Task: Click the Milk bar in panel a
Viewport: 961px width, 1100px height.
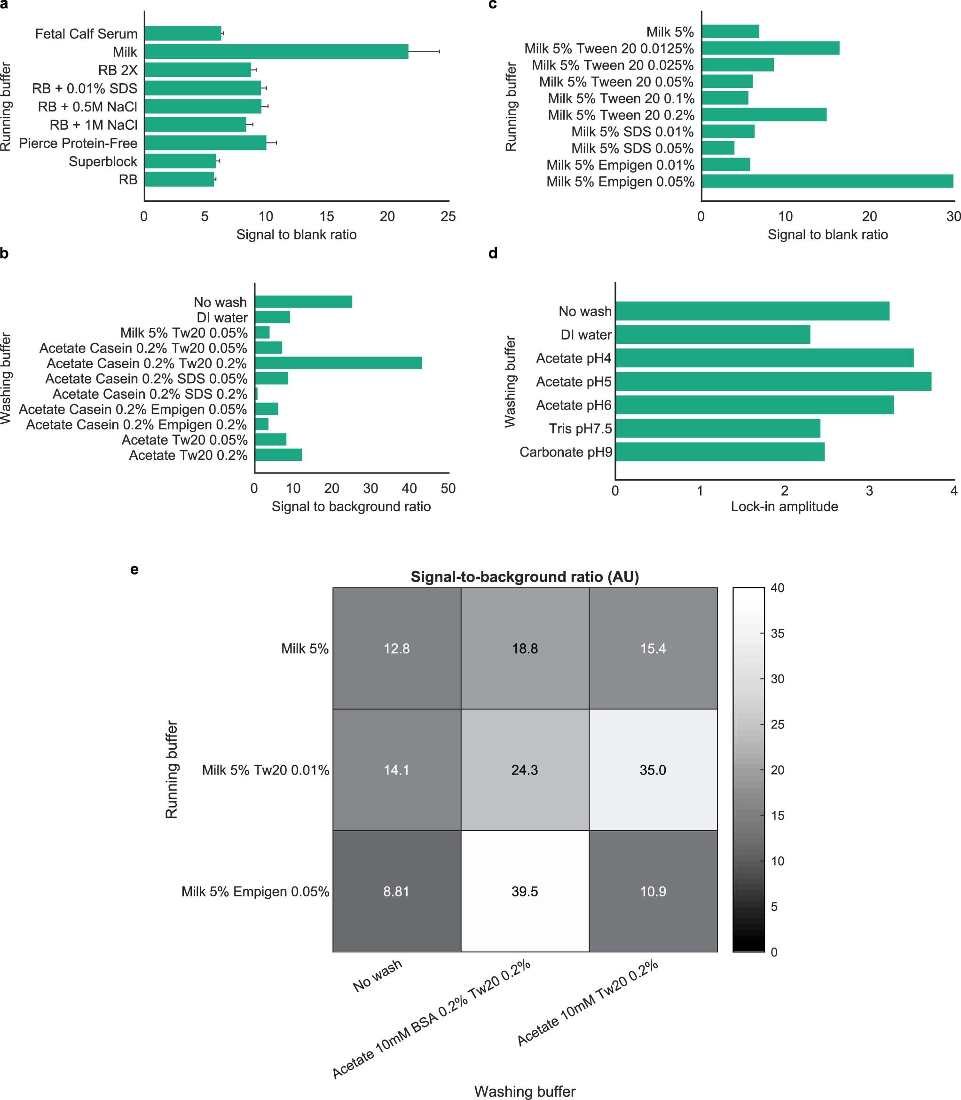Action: tap(276, 51)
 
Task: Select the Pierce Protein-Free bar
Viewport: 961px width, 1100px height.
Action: tap(205, 142)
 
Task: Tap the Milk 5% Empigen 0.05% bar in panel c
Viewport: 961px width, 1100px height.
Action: tap(827, 181)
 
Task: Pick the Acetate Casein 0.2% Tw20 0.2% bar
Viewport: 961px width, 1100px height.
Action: tap(338, 363)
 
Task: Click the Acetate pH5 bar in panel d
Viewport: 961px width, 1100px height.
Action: tap(773, 381)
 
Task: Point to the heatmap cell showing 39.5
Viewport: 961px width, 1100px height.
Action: tap(525, 891)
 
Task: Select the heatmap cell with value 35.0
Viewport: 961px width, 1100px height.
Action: tap(653, 770)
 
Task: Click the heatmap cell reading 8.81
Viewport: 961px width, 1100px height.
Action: tap(396, 891)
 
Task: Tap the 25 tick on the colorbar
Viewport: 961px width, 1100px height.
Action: tap(777, 724)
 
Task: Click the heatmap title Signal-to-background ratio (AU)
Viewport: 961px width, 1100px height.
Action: tap(525, 577)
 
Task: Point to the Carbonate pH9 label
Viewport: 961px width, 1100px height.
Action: tap(565, 452)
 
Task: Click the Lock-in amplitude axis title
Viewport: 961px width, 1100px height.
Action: tap(784, 507)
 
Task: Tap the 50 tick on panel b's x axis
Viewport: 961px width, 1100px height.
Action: tap(448, 489)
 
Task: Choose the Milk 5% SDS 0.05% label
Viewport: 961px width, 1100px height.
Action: tap(632, 148)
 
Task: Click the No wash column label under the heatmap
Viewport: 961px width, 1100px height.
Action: tap(378, 975)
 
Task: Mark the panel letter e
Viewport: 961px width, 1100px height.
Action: tap(134, 569)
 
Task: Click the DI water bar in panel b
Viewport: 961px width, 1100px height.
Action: tap(272, 317)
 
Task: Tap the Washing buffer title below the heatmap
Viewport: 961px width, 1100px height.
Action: tap(525, 1092)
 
